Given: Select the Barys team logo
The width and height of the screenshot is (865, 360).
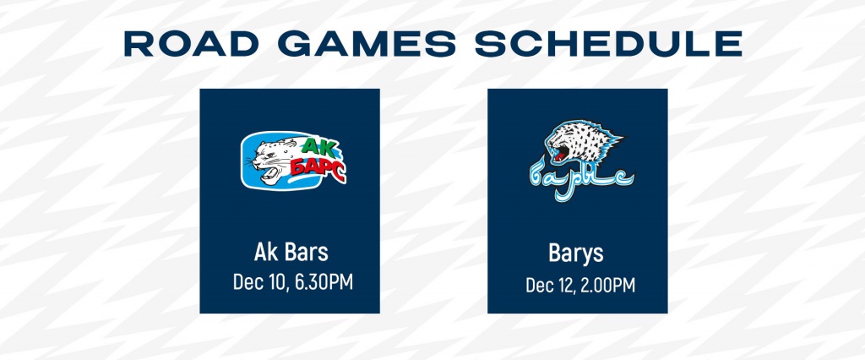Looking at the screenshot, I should pyautogui.click(x=578, y=155).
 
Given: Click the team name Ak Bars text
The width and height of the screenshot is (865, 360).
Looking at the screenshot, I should pyautogui.click(x=290, y=252).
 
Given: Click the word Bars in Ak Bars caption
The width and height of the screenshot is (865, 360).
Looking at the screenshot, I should pyautogui.click(x=307, y=252).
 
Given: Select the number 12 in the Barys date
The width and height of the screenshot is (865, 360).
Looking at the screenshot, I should pyautogui.click(x=566, y=285).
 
